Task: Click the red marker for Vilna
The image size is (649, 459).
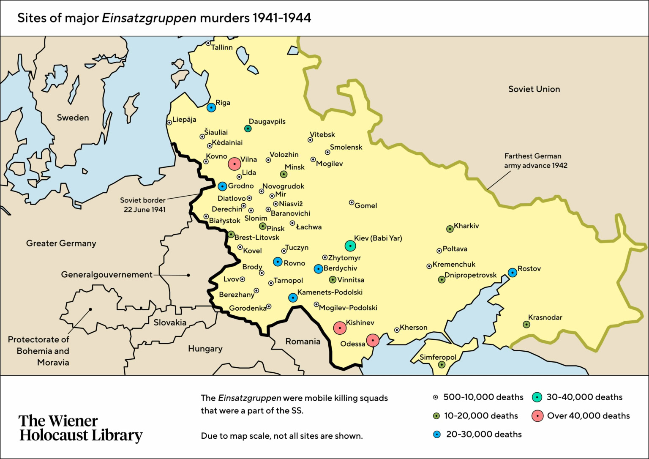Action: point(235,164)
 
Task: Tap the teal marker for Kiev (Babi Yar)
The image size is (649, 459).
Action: point(350,246)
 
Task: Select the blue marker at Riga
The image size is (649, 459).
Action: point(211,107)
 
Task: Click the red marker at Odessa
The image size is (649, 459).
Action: point(372,340)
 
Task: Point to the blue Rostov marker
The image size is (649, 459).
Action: point(512,273)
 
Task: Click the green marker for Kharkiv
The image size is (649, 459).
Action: point(450,229)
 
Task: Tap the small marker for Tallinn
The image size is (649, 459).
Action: point(208,44)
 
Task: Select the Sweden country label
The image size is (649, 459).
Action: point(73,117)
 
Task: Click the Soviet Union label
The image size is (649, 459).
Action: point(534,89)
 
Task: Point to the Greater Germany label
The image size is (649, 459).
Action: point(61,243)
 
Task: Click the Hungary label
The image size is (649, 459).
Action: point(205,349)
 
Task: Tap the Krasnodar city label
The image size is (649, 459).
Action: point(545,317)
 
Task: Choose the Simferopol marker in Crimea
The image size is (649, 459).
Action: point(442,364)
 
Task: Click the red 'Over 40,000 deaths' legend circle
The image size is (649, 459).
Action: point(537,416)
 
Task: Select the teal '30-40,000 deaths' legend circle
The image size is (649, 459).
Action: point(537,397)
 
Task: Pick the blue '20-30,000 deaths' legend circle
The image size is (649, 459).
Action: point(437,434)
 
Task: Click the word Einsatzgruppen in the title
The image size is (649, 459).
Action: point(149,18)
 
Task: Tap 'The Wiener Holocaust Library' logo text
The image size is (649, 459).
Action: point(81,428)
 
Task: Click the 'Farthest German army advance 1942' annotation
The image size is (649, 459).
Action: point(535,161)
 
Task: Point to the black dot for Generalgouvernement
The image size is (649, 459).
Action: point(188,275)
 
